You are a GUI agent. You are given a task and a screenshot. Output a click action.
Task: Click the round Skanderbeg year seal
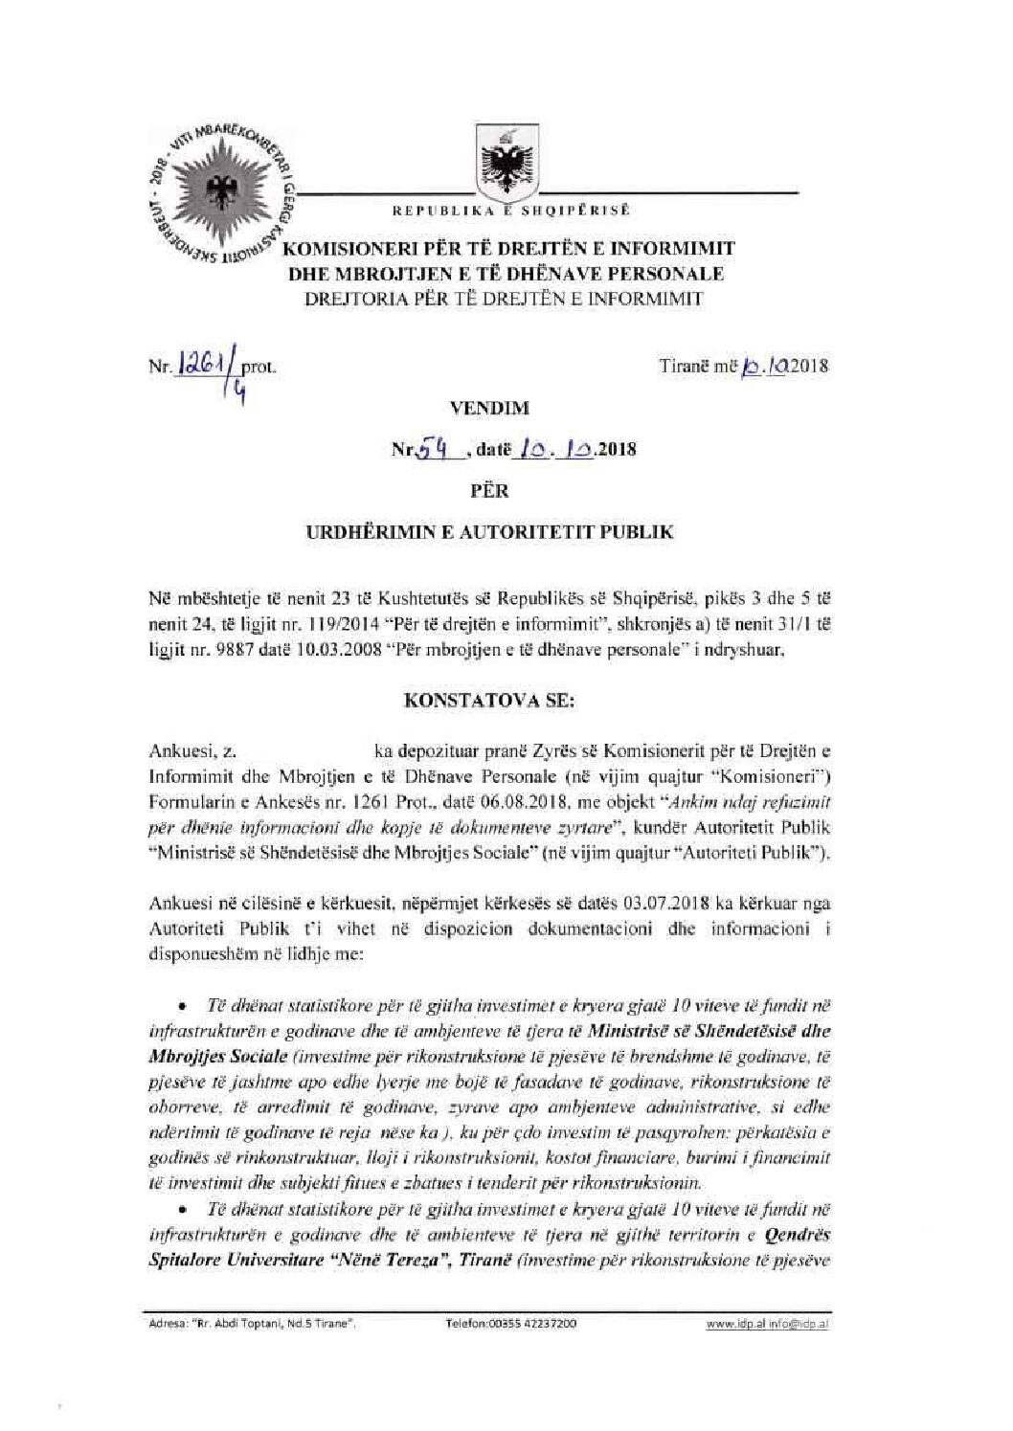[226, 190]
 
